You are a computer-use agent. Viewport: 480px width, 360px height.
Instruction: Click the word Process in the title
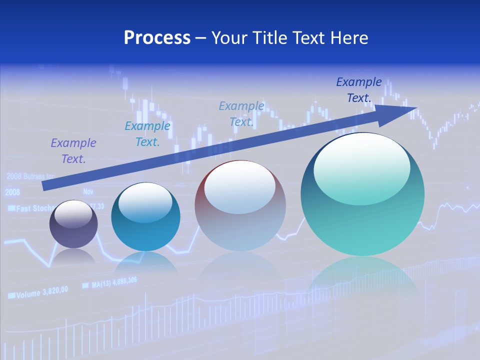pyautogui.click(x=157, y=38)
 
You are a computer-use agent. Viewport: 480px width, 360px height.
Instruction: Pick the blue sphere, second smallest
pyautogui.click(x=145, y=217)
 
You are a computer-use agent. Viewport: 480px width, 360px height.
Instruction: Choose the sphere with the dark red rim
pyautogui.click(x=240, y=206)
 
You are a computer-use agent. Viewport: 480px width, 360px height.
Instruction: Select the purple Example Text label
pyautogui.click(x=73, y=151)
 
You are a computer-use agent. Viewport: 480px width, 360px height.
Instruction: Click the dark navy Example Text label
pyautogui.click(x=359, y=90)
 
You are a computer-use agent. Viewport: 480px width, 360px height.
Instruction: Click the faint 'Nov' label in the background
pyautogui.click(x=88, y=191)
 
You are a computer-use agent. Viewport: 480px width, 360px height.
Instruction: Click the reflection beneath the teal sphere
pyautogui.click(x=362, y=275)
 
